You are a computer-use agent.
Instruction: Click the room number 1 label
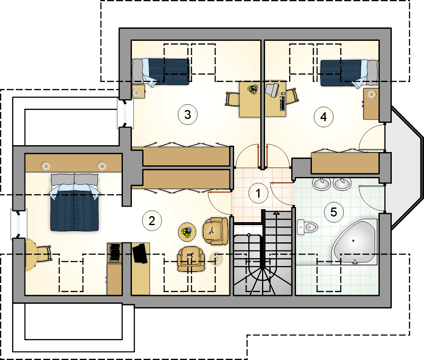pos(258,193)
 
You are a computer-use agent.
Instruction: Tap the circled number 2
pos(152,221)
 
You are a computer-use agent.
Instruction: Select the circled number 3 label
pos(188,115)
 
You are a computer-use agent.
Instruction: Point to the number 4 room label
pos(323,117)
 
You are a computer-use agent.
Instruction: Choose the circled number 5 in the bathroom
pos(334,212)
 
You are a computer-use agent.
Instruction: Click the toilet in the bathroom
pos(307,227)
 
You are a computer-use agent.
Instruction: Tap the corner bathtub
pos(355,242)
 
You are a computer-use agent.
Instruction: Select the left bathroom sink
pos(321,184)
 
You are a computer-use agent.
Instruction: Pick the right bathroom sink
pos(342,184)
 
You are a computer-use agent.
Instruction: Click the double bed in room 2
pos(74,202)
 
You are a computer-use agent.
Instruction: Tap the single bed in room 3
pos(161,72)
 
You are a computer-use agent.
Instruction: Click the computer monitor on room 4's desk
pos(272,89)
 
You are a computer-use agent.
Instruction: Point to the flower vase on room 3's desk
pos(253,89)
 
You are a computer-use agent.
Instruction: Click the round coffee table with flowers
pos(187,232)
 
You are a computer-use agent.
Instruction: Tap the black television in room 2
pos(140,253)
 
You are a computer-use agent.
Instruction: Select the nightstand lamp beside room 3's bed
pos(137,93)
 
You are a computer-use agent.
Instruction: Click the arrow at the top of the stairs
pos(276,214)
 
